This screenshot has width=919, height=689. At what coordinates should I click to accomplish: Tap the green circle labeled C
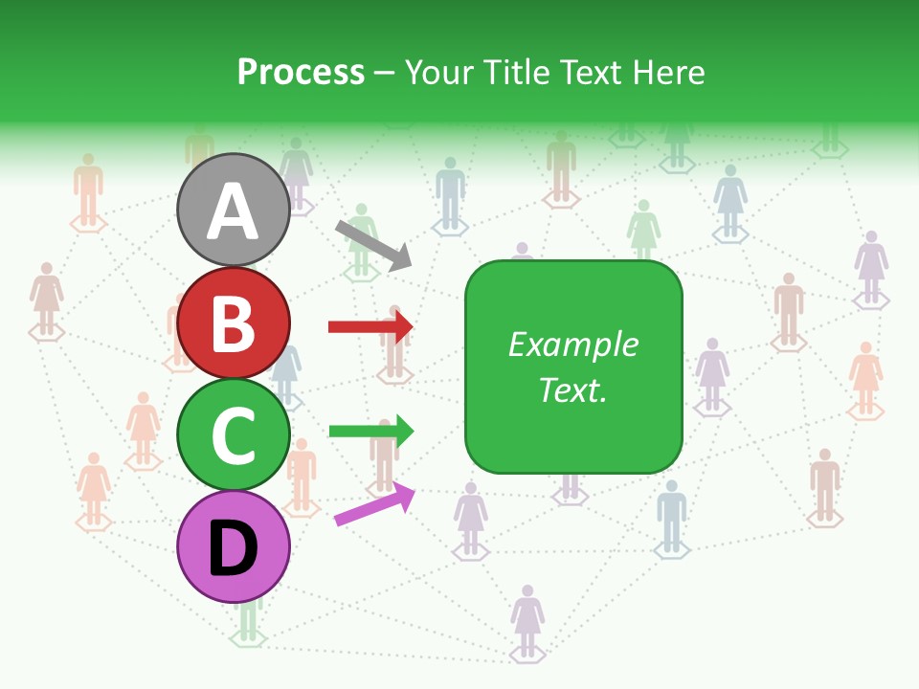233,435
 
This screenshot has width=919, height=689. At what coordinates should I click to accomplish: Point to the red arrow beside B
370,327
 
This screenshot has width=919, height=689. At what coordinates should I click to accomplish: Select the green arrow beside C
370,431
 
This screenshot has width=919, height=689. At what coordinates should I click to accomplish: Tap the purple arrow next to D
374,504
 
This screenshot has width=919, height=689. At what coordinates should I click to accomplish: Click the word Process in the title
301,73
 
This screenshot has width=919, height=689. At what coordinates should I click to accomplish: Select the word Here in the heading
669,73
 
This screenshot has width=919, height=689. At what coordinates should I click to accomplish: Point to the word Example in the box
572,344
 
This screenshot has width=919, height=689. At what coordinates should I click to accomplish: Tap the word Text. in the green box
572,389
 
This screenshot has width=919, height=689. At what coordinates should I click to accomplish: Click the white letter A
233,212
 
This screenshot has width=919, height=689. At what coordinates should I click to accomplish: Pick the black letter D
233,549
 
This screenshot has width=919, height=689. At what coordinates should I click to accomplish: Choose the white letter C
233,436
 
